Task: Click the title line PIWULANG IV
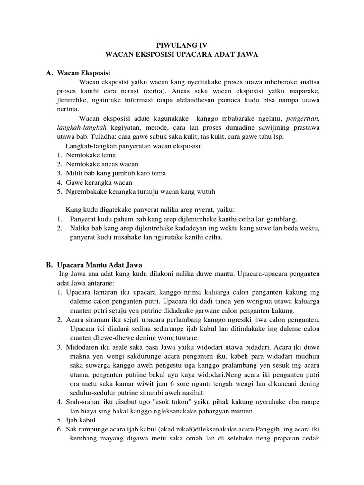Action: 182,46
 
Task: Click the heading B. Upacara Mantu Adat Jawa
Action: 95,265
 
